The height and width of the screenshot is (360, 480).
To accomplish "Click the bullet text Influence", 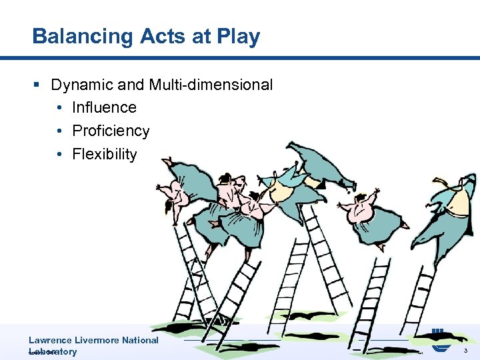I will pos(104,107).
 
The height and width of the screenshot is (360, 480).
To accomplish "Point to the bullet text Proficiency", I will pos(111,131).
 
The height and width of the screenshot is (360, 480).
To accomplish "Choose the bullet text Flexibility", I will pos(104,154).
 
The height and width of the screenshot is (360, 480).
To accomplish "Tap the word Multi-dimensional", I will pos(210,85).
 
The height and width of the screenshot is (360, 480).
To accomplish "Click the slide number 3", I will pos(465,351).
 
